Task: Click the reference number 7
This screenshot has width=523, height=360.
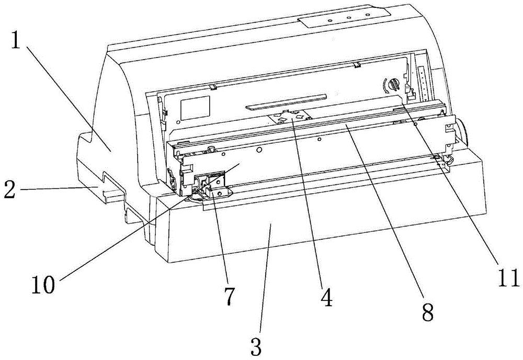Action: [x=230, y=296]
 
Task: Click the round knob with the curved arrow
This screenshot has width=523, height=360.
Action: [x=394, y=84]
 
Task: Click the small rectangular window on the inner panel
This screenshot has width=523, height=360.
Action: [x=195, y=108]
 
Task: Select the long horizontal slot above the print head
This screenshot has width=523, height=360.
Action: [x=285, y=102]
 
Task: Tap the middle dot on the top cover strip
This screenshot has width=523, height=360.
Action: [x=348, y=18]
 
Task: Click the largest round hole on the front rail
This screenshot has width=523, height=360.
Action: [x=258, y=151]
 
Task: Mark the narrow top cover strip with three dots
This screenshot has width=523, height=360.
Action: [x=344, y=17]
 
